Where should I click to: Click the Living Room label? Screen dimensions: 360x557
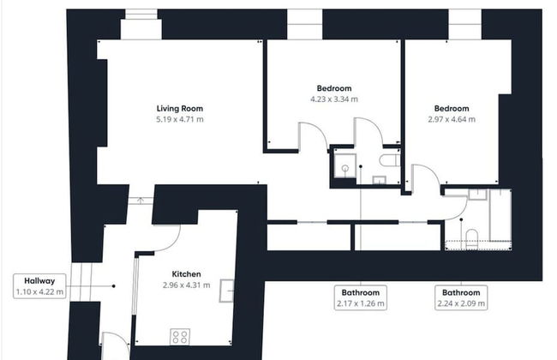click(x=179, y=109)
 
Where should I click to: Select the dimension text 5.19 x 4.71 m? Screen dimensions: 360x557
click(x=179, y=120)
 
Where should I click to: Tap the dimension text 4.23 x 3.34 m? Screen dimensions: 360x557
click(x=333, y=99)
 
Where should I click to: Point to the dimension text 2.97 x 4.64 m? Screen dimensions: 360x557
click(x=451, y=120)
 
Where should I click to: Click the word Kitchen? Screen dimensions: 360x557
click(x=186, y=274)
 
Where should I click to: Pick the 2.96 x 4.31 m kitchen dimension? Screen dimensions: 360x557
click(x=186, y=285)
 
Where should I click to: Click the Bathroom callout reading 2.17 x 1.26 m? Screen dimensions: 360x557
click(x=361, y=297)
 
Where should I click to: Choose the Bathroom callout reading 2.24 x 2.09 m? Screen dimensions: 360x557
click(x=460, y=297)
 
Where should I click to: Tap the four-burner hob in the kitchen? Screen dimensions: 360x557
click(x=180, y=335)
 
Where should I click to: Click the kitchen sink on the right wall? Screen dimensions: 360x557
click(x=228, y=291)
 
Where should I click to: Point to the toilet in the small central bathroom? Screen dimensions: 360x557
click(x=388, y=159)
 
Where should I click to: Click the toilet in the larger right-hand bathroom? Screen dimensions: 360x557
click(x=470, y=236)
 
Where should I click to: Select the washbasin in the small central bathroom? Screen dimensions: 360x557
click(x=380, y=180)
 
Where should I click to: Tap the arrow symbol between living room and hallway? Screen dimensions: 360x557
click(x=141, y=201)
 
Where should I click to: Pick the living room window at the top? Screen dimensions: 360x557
click(x=141, y=27)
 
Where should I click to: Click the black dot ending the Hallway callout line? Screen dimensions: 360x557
click(x=113, y=286)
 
